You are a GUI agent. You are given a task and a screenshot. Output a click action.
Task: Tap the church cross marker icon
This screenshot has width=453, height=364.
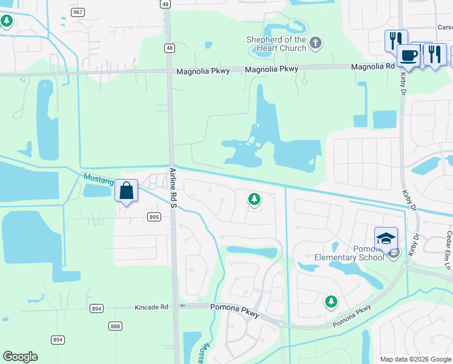(x=315, y=43)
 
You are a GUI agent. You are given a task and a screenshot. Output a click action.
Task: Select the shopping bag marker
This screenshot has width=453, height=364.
(x=126, y=191)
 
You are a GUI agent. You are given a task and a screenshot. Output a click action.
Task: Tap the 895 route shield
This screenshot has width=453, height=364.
(x=153, y=217)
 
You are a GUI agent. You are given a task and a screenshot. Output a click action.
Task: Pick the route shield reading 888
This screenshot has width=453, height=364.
(x=115, y=326)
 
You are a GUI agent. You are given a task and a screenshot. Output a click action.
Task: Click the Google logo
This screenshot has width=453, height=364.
(x=20, y=357)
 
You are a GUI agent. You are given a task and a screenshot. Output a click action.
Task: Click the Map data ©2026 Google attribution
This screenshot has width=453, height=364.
(x=415, y=359)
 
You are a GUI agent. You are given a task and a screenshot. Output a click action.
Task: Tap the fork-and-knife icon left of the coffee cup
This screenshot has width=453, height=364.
(x=395, y=40)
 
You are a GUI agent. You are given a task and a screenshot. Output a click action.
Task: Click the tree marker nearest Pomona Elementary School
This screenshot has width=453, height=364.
(x=331, y=301)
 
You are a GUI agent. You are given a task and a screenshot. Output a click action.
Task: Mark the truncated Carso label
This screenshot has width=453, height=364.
(x=445, y=27)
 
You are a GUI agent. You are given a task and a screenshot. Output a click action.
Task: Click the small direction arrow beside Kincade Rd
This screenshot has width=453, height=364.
(x=182, y=306)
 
